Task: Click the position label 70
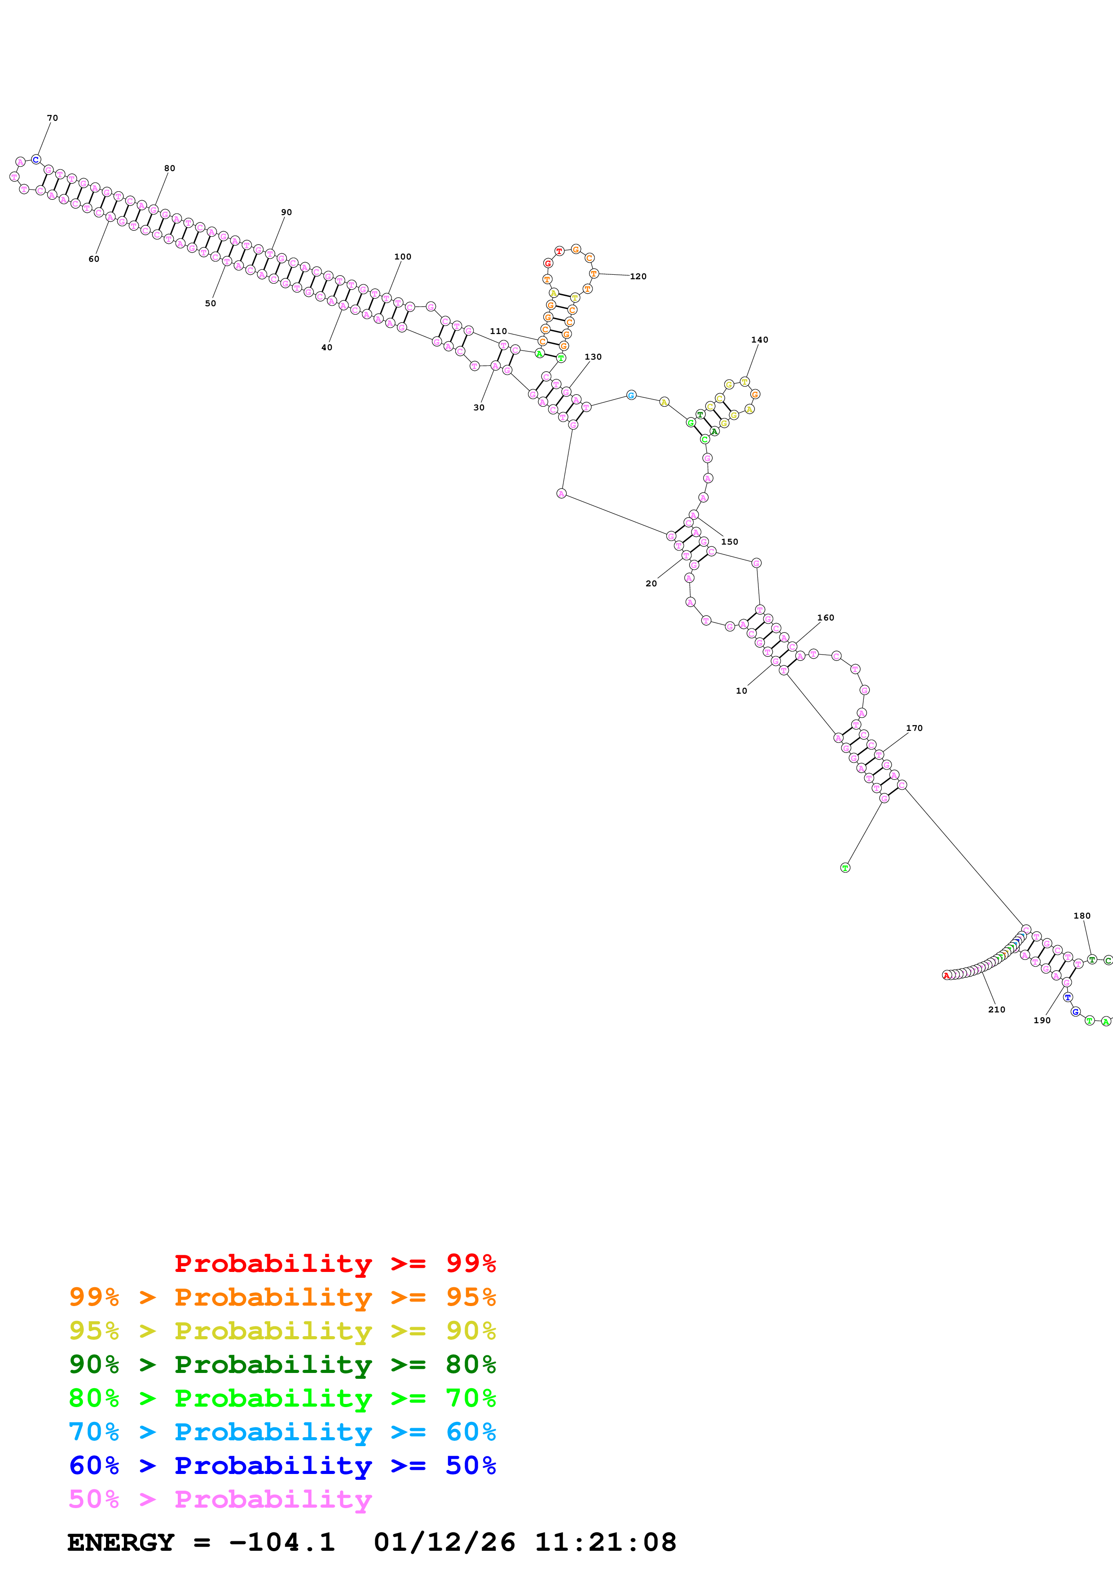[52, 118]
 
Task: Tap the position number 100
[403, 256]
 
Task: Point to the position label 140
[759, 339]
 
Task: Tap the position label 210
[996, 1009]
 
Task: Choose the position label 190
[1042, 1020]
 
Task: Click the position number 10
[741, 691]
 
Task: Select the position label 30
[479, 408]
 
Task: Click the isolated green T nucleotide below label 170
[845, 868]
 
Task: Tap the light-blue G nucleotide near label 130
[631, 395]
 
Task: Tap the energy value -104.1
[282, 1543]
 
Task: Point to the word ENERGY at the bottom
[121, 1543]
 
